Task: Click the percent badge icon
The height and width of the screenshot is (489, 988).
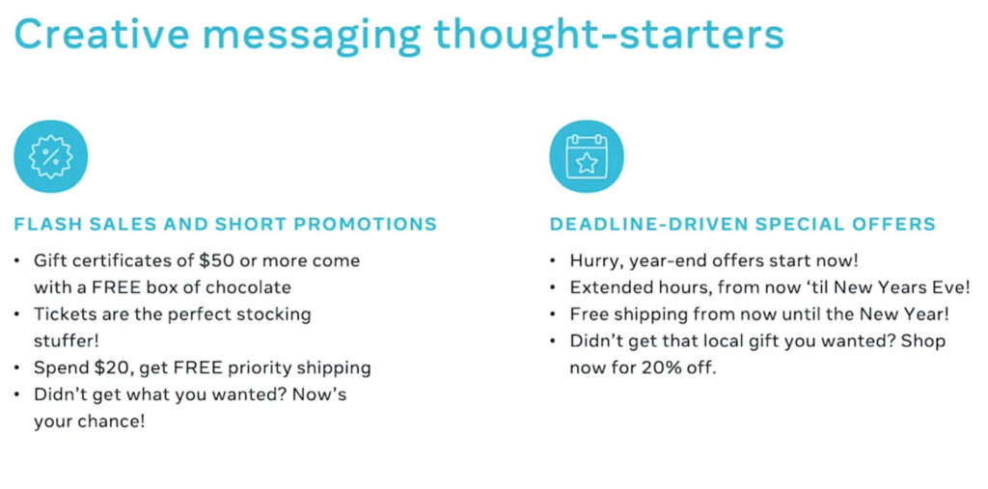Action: (50, 156)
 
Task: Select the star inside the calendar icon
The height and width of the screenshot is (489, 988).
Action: (586, 162)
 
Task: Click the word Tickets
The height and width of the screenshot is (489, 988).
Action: (62, 314)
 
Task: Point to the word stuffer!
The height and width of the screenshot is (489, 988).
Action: (67, 340)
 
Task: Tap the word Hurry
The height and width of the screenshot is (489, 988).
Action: (593, 260)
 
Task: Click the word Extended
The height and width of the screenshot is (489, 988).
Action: (606, 287)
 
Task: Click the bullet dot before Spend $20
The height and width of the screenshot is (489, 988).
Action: (20, 367)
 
